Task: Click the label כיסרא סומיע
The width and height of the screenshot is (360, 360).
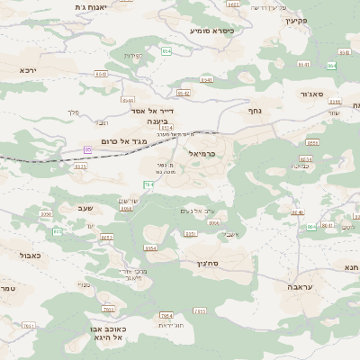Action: tap(211, 30)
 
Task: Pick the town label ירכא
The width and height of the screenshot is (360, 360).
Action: tap(28, 68)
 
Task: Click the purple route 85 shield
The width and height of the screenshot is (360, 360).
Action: tap(88, 149)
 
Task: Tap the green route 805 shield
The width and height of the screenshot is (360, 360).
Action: tap(57, 231)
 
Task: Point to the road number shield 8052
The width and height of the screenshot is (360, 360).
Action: tap(106, 238)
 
